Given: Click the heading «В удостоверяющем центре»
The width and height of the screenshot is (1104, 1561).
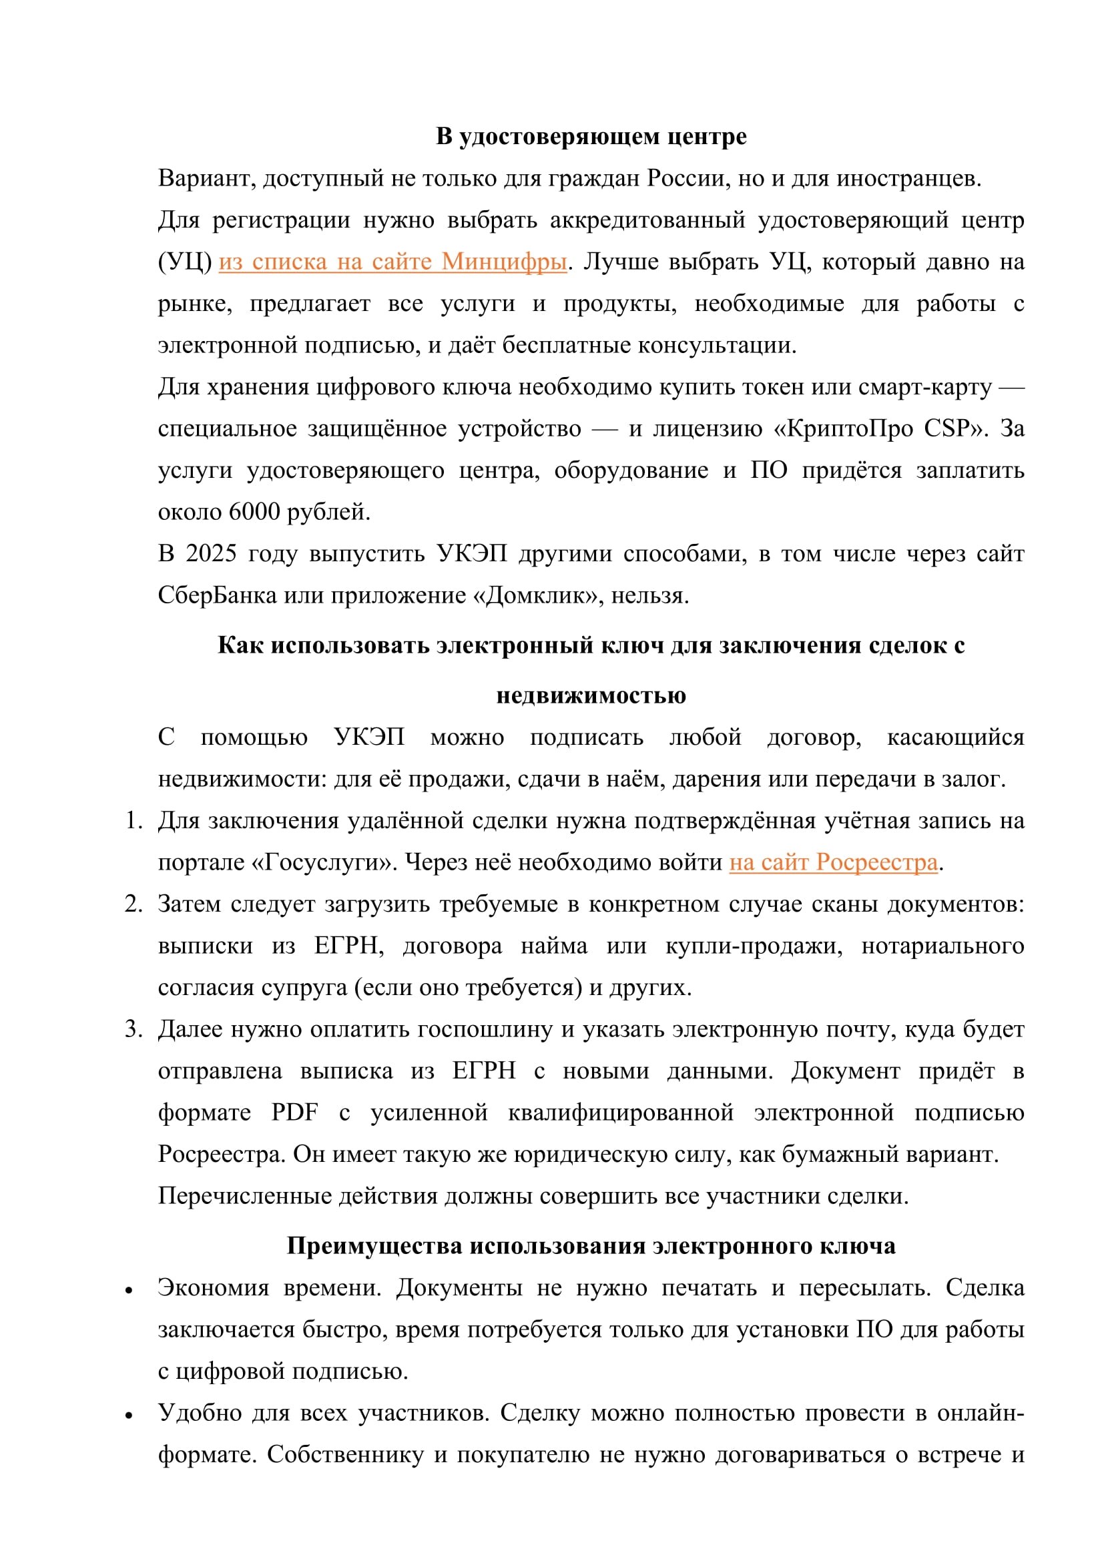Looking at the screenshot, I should click(x=591, y=137).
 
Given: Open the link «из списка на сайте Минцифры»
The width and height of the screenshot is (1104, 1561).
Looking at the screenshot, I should click(x=392, y=262).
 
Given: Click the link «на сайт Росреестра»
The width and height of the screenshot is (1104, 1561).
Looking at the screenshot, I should click(x=833, y=862).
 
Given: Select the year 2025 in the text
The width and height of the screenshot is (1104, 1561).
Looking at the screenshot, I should click(x=211, y=553).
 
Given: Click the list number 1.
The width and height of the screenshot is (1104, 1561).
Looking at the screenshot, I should click(x=133, y=821).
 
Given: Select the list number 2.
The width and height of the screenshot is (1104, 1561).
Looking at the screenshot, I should click(x=133, y=904).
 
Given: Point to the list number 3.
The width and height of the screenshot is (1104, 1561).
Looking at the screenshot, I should click(x=133, y=1029).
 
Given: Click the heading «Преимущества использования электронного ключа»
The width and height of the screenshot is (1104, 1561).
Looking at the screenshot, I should click(x=591, y=1246).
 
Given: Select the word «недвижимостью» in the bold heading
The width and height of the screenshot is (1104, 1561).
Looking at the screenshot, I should click(x=591, y=695).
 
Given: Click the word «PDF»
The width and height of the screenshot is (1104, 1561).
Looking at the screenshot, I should click(x=294, y=1113).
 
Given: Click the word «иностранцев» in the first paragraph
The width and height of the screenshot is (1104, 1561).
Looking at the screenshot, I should click(x=908, y=178).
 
